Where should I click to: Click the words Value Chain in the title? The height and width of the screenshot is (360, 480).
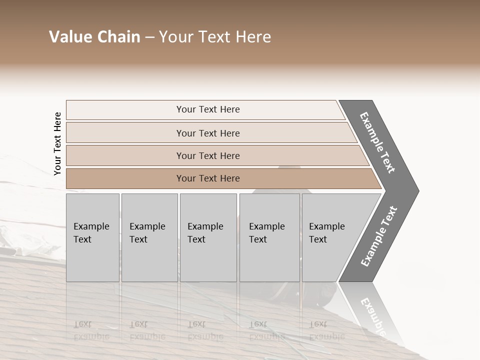(94, 37)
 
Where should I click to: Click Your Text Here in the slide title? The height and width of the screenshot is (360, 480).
(215, 37)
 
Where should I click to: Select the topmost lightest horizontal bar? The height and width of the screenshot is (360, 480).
(207, 109)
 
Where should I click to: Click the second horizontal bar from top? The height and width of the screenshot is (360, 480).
(207, 133)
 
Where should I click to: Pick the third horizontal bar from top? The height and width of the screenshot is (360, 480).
(207, 155)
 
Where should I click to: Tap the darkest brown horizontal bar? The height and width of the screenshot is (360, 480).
(207, 178)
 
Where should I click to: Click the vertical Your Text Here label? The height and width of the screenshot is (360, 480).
(57, 143)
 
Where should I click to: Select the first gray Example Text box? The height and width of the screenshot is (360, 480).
(92, 237)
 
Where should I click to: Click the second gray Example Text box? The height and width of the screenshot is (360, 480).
(149, 237)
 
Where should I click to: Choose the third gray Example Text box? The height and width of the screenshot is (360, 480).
(208, 237)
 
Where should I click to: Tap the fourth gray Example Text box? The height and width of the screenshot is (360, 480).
(269, 237)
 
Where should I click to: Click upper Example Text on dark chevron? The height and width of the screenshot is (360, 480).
(377, 142)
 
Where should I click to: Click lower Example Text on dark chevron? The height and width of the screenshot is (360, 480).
(379, 236)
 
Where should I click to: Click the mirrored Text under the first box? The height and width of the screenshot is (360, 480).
(82, 324)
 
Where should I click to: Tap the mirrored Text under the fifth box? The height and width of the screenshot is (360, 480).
(318, 324)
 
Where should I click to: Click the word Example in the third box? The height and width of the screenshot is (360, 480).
(205, 226)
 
